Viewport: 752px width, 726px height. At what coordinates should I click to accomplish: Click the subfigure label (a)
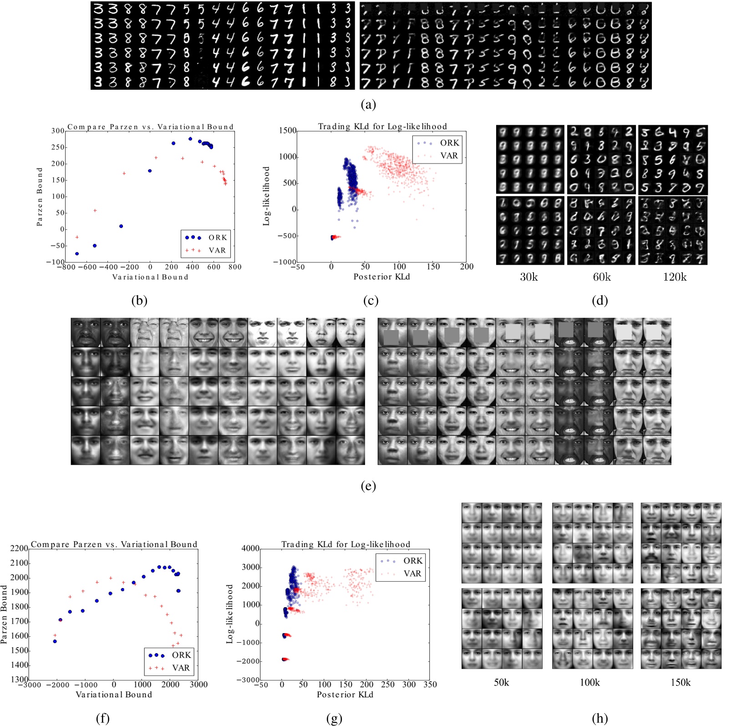368,105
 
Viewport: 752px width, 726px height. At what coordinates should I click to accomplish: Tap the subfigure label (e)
368,486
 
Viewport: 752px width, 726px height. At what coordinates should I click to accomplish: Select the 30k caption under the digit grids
529,277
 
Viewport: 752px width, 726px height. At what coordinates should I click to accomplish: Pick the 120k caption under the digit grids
675,277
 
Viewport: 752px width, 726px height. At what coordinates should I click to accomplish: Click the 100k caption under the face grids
589,682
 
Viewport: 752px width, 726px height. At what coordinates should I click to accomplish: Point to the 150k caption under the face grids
681,682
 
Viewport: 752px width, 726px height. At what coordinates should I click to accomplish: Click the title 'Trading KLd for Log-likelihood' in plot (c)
382,126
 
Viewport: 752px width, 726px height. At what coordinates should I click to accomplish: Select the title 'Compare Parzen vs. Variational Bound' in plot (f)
114,544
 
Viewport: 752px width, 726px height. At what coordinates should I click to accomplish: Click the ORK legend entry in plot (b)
218,237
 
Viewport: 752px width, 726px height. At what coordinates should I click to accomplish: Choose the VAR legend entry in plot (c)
449,155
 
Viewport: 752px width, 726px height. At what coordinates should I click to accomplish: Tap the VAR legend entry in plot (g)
412,573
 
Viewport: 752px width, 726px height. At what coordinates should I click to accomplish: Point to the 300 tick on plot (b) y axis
58,131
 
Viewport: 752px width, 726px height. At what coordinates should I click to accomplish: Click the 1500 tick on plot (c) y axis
287,131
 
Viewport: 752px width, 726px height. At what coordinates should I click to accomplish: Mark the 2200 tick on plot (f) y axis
19,549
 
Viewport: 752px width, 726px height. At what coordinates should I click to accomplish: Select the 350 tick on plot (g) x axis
430,685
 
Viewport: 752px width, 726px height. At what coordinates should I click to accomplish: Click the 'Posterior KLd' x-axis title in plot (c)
381,276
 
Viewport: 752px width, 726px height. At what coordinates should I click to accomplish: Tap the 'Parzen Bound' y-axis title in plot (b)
40,196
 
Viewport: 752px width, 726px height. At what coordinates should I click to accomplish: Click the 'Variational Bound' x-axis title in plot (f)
114,695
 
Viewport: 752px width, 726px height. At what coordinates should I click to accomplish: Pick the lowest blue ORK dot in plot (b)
77,254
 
